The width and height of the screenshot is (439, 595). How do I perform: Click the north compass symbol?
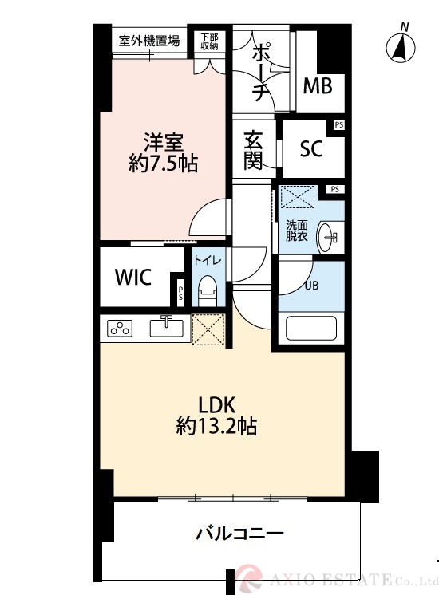[401, 46]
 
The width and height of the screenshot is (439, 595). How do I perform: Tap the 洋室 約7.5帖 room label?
[163, 152]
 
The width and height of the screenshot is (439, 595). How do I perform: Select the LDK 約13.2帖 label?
[217, 416]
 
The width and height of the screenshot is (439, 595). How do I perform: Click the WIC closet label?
[133, 277]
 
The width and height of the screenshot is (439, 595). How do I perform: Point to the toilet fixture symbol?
[208, 290]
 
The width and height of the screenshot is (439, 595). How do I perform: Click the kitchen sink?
[166, 327]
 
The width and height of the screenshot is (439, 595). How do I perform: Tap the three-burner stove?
[120, 329]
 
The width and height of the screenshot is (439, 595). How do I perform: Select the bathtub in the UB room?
[311, 329]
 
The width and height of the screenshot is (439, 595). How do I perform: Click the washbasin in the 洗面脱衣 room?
[327, 238]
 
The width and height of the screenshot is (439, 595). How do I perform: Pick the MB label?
[318, 86]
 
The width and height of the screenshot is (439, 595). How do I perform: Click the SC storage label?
[311, 148]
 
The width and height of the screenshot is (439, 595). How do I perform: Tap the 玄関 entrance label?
[253, 150]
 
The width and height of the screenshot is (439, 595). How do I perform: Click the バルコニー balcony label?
[239, 534]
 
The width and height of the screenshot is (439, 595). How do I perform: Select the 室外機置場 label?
[149, 40]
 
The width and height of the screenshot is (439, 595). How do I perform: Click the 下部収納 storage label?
[210, 41]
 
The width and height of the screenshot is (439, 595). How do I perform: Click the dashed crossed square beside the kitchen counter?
[208, 329]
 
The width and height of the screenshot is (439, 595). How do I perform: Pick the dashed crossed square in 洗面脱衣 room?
[298, 196]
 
